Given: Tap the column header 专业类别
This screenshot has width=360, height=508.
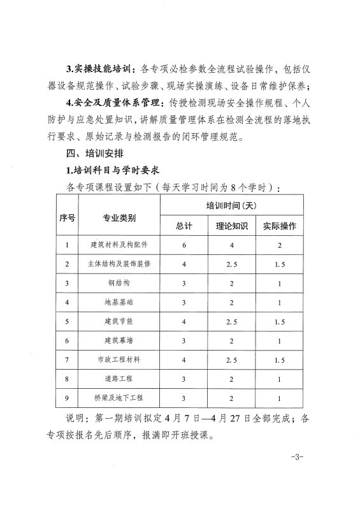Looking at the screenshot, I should [119, 217].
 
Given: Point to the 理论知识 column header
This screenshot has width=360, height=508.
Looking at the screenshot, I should [232, 227].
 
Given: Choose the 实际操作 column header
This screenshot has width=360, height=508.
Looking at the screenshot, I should [280, 227].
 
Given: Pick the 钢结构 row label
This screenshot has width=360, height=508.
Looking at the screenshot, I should [119, 283].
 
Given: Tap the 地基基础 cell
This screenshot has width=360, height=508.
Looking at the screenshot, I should [119, 302].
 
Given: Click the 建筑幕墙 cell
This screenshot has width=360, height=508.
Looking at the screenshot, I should [119, 340].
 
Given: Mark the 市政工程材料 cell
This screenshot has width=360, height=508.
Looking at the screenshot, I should [119, 359].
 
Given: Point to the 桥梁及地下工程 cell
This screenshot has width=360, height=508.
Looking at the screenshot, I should [119, 398].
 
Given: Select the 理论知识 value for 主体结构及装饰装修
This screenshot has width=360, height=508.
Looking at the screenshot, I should [232, 264].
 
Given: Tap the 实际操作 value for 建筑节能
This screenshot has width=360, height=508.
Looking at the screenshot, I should [280, 321].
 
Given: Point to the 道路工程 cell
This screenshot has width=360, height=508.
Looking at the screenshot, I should [119, 379].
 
